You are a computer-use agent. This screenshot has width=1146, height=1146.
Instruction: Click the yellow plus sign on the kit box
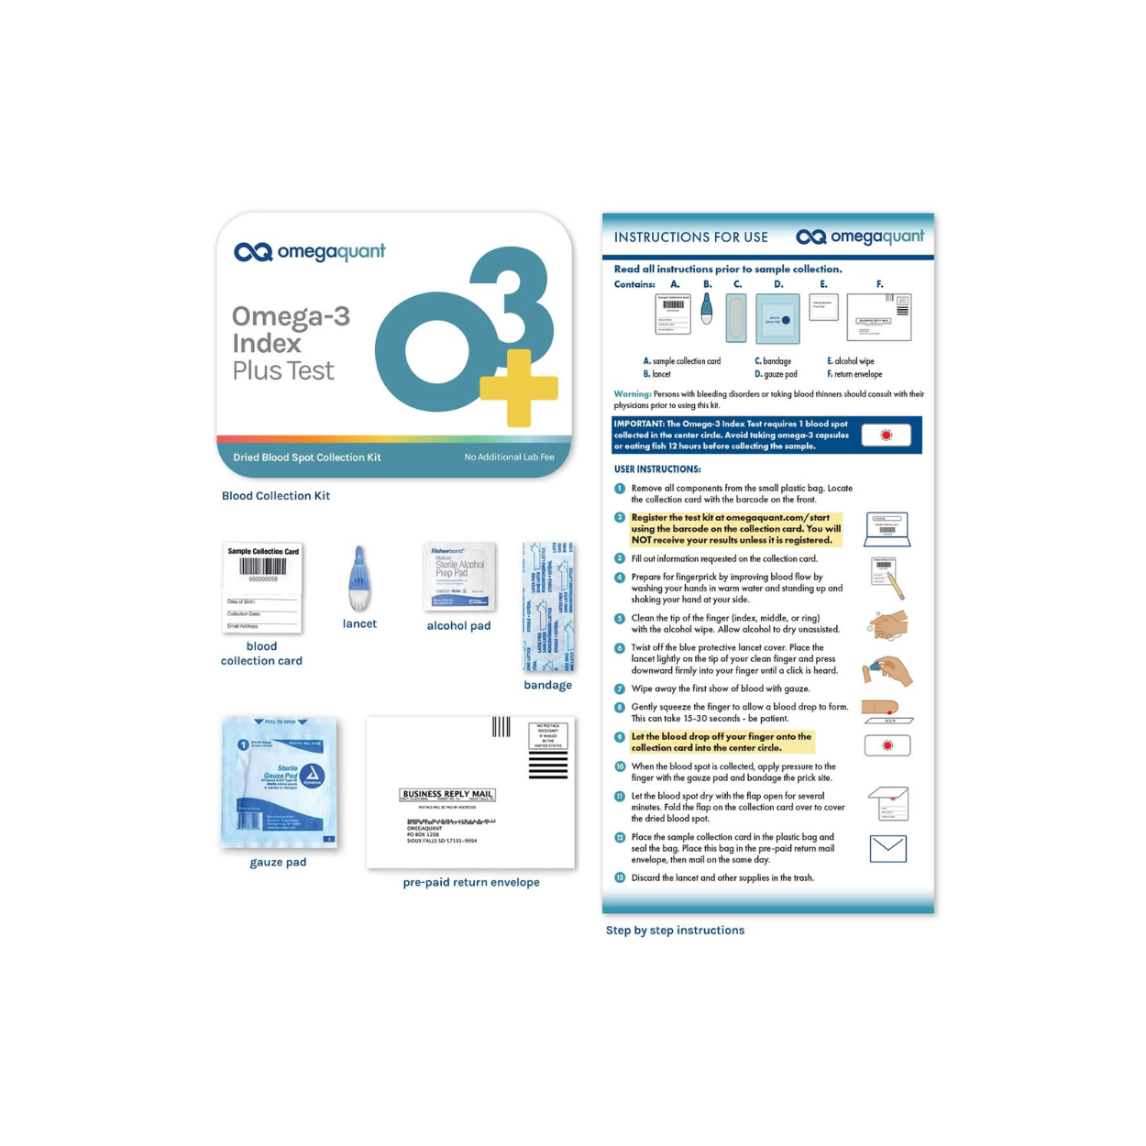(x=519, y=388)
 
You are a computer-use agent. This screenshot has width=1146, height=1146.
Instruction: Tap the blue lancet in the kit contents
(x=359, y=579)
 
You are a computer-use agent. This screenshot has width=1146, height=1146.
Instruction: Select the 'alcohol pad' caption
(x=458, y=626)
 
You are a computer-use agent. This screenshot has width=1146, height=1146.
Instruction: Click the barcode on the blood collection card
(x=263, y=567)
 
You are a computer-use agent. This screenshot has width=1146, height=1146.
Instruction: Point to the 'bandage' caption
(x=547, y=685)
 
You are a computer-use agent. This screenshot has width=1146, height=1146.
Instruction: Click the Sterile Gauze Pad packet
(x=280, y=782)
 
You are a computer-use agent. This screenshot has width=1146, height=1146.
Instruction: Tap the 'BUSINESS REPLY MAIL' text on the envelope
(x=447, y=794)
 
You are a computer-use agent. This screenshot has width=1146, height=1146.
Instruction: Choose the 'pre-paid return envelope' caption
(x=471, y=882)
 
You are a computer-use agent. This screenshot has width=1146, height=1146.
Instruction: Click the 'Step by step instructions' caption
(x=675, y=930)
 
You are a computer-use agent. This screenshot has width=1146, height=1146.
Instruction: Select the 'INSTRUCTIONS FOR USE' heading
(x=691, y=237)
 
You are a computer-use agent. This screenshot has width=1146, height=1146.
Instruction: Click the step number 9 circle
(x=620, y=737)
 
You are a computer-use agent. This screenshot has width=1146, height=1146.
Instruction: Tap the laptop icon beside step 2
(x=887, y=530)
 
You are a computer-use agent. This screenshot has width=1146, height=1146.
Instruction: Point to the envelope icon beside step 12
(x=887, y=849)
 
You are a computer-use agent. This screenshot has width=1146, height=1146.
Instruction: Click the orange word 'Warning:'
(x=633, y=394)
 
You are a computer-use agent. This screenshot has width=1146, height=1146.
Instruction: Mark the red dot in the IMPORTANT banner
(x=886, y=435)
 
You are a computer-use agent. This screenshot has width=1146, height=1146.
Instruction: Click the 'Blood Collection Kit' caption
(x=276, y=496)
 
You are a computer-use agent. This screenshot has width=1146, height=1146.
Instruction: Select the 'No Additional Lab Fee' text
(x=509, y=457)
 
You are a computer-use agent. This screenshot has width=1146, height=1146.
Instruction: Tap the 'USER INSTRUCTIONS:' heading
(x=657, y=469)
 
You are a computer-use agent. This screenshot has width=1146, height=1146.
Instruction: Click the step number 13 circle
(x=620, y=878)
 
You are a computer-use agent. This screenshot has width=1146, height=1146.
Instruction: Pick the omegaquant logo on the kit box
(x=310, y=251)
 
